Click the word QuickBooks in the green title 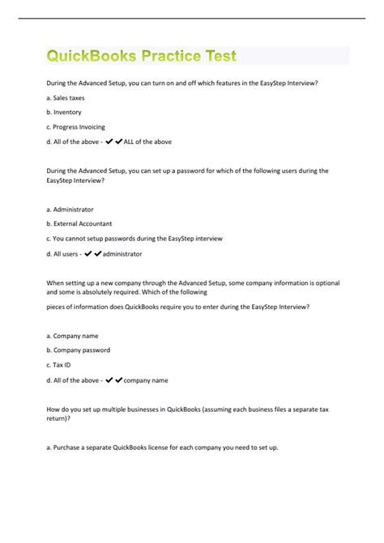[x=92, y=56]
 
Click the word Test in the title [x=218, y=56]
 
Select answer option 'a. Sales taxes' [x=65, y=98]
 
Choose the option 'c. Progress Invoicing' [x=75, y=127]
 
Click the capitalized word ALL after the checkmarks [x=130, y=142]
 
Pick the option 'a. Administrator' [x=70, y=209]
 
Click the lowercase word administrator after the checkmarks [x=122, y=253]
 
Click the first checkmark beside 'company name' [x=109, y=380]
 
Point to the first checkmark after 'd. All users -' [x=89, y=253]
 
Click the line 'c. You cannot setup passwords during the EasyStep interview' [x=134, y=238]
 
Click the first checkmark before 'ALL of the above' [x=109, y=142]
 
